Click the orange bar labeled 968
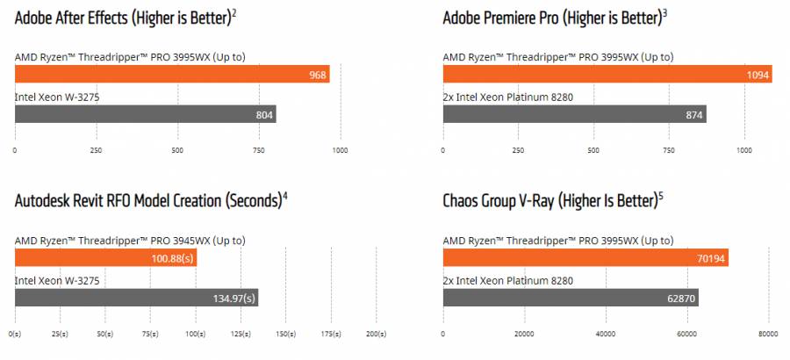(172, 76)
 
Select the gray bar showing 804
(145, 115)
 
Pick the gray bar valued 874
(574, 115)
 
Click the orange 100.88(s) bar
(105, 258)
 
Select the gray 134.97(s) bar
(136, 298)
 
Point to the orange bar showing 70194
(585, 258)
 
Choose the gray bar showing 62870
(571, 298)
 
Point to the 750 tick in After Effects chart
(259, 150)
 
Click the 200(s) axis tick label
(376, 334)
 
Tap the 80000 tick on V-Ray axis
(768, 334)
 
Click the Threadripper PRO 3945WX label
(130, 241)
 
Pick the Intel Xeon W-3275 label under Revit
(59, 280)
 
